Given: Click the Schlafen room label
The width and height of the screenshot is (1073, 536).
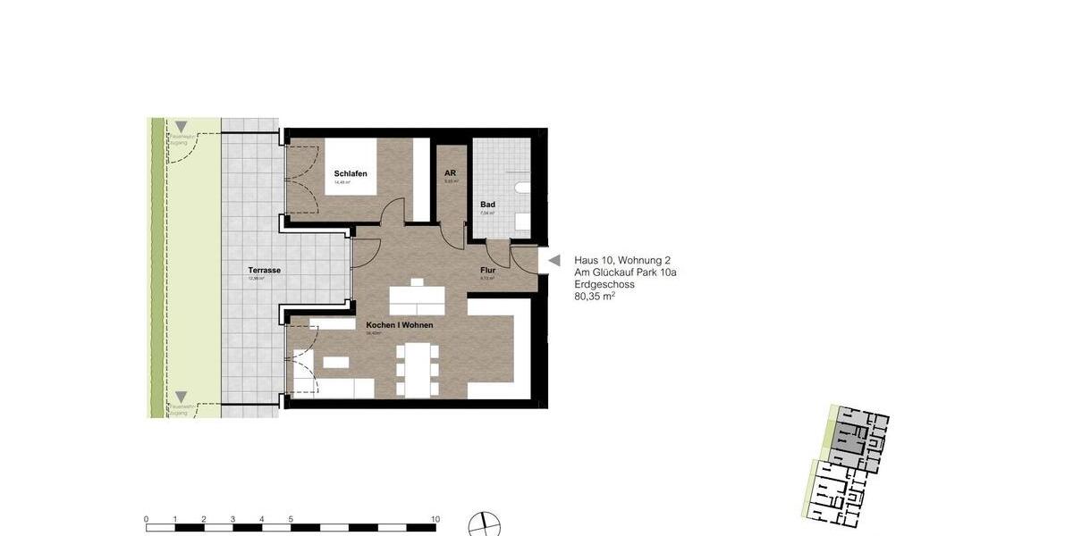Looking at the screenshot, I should (351, 174).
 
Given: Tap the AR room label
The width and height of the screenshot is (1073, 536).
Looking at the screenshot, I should (451, 172).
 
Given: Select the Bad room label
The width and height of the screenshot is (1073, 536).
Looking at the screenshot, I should (487, 205).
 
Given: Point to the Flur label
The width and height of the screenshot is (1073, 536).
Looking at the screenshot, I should (487, 270).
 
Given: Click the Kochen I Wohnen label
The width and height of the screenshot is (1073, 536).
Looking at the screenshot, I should (399, 325).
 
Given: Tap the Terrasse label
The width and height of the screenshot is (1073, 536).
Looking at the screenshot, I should (265, 270).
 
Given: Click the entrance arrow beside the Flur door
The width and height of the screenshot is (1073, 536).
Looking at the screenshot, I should (553, 260).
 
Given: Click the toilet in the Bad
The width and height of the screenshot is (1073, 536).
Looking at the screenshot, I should (523, 188).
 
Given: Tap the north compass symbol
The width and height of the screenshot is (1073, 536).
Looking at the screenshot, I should (484, 524).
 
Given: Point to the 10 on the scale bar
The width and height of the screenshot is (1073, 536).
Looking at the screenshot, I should (435, 519).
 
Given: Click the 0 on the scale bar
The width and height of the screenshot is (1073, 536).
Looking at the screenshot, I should (147, 519).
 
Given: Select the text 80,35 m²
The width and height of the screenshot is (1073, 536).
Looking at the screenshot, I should (595, 297).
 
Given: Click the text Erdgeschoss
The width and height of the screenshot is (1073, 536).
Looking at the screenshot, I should (604, 284).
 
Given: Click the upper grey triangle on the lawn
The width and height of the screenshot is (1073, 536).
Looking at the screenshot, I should (182, 127).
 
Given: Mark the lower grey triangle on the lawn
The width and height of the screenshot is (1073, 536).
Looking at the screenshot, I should (182, 397).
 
